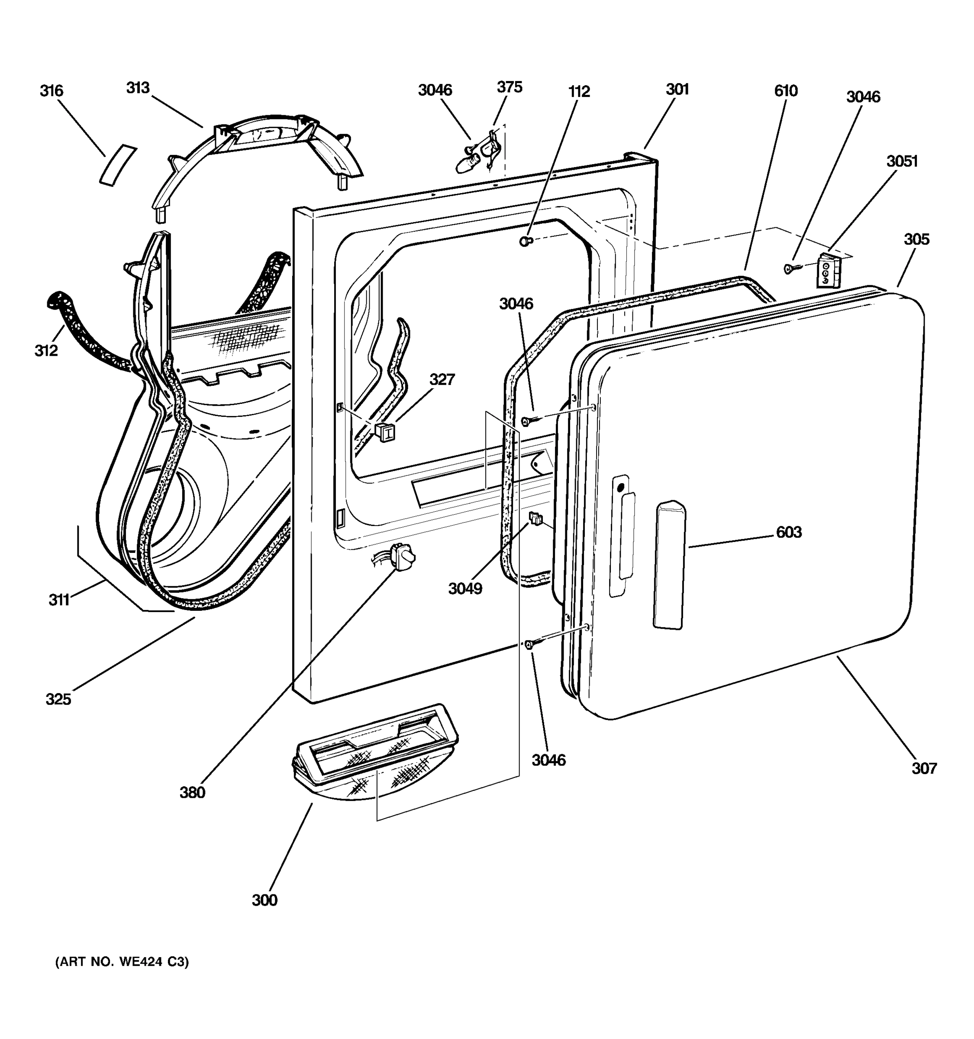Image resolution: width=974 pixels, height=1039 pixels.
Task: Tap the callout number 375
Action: tap(510, 87)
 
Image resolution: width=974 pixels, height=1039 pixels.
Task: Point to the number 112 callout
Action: tap(579, 92)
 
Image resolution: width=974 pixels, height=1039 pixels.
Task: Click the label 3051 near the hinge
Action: tap(902, 161)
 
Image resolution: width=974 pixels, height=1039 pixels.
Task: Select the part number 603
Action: tap(788, 532)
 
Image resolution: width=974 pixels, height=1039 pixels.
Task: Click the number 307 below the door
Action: tap(924, 768)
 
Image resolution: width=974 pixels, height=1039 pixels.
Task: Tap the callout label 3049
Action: tap(465, 589)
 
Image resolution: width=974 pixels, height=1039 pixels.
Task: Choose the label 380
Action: tap(192, 793)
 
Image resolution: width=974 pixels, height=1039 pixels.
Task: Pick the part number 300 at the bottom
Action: tap(264, 900)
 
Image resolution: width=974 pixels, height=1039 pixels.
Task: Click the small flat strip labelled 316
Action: tap(118, 165)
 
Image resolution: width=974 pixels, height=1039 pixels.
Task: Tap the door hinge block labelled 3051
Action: tap(829, 271)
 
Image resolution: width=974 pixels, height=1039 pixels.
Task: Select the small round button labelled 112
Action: tap(525, 241)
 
